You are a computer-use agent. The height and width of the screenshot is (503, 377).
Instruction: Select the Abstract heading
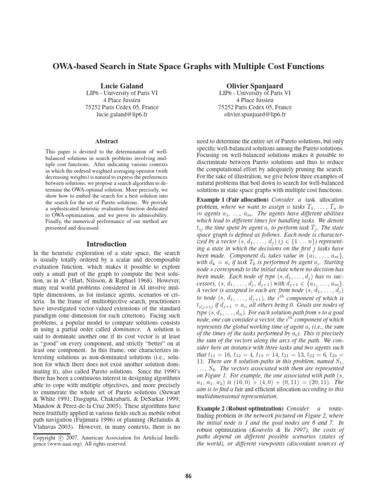point(107,141)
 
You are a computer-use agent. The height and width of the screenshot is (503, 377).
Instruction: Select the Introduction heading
point(107,244)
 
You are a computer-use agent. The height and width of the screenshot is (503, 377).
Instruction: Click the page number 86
point(188,476)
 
